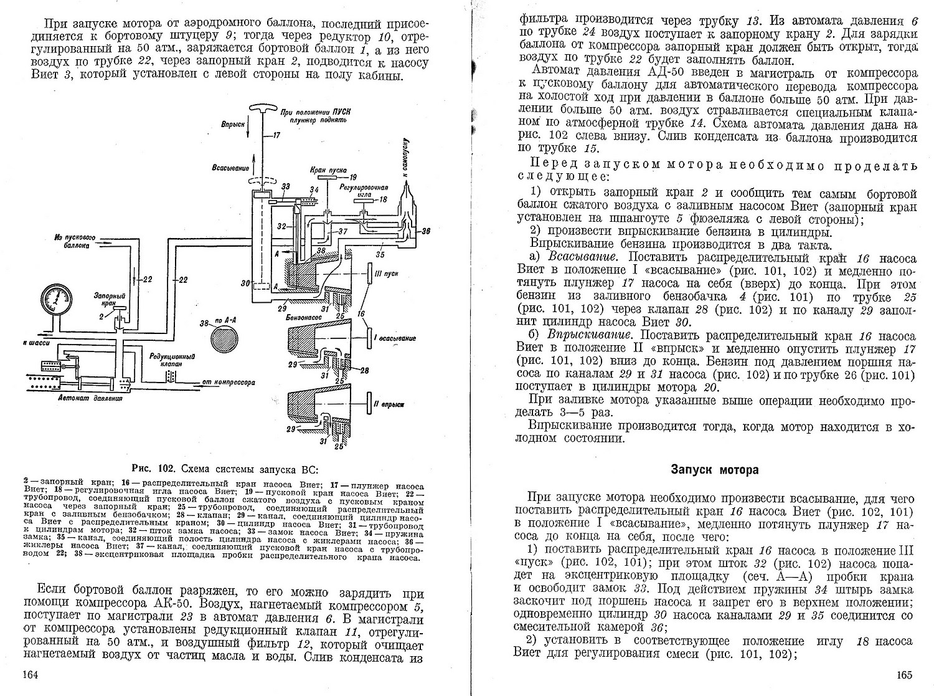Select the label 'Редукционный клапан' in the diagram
pos(165,360)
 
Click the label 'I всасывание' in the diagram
pos(391,338)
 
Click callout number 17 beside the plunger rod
pos(276,135)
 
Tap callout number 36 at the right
pos(425,231)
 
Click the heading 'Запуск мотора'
pos(715,470)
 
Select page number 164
pos(31,675)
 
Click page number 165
pos(905,675)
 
